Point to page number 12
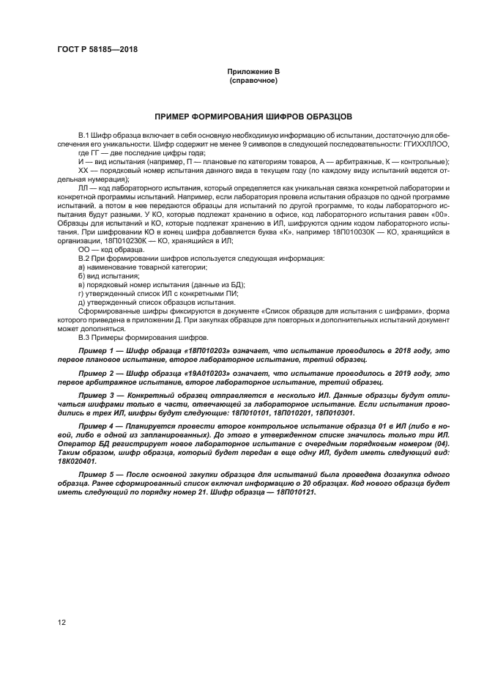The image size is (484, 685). [x=61, y=622]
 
